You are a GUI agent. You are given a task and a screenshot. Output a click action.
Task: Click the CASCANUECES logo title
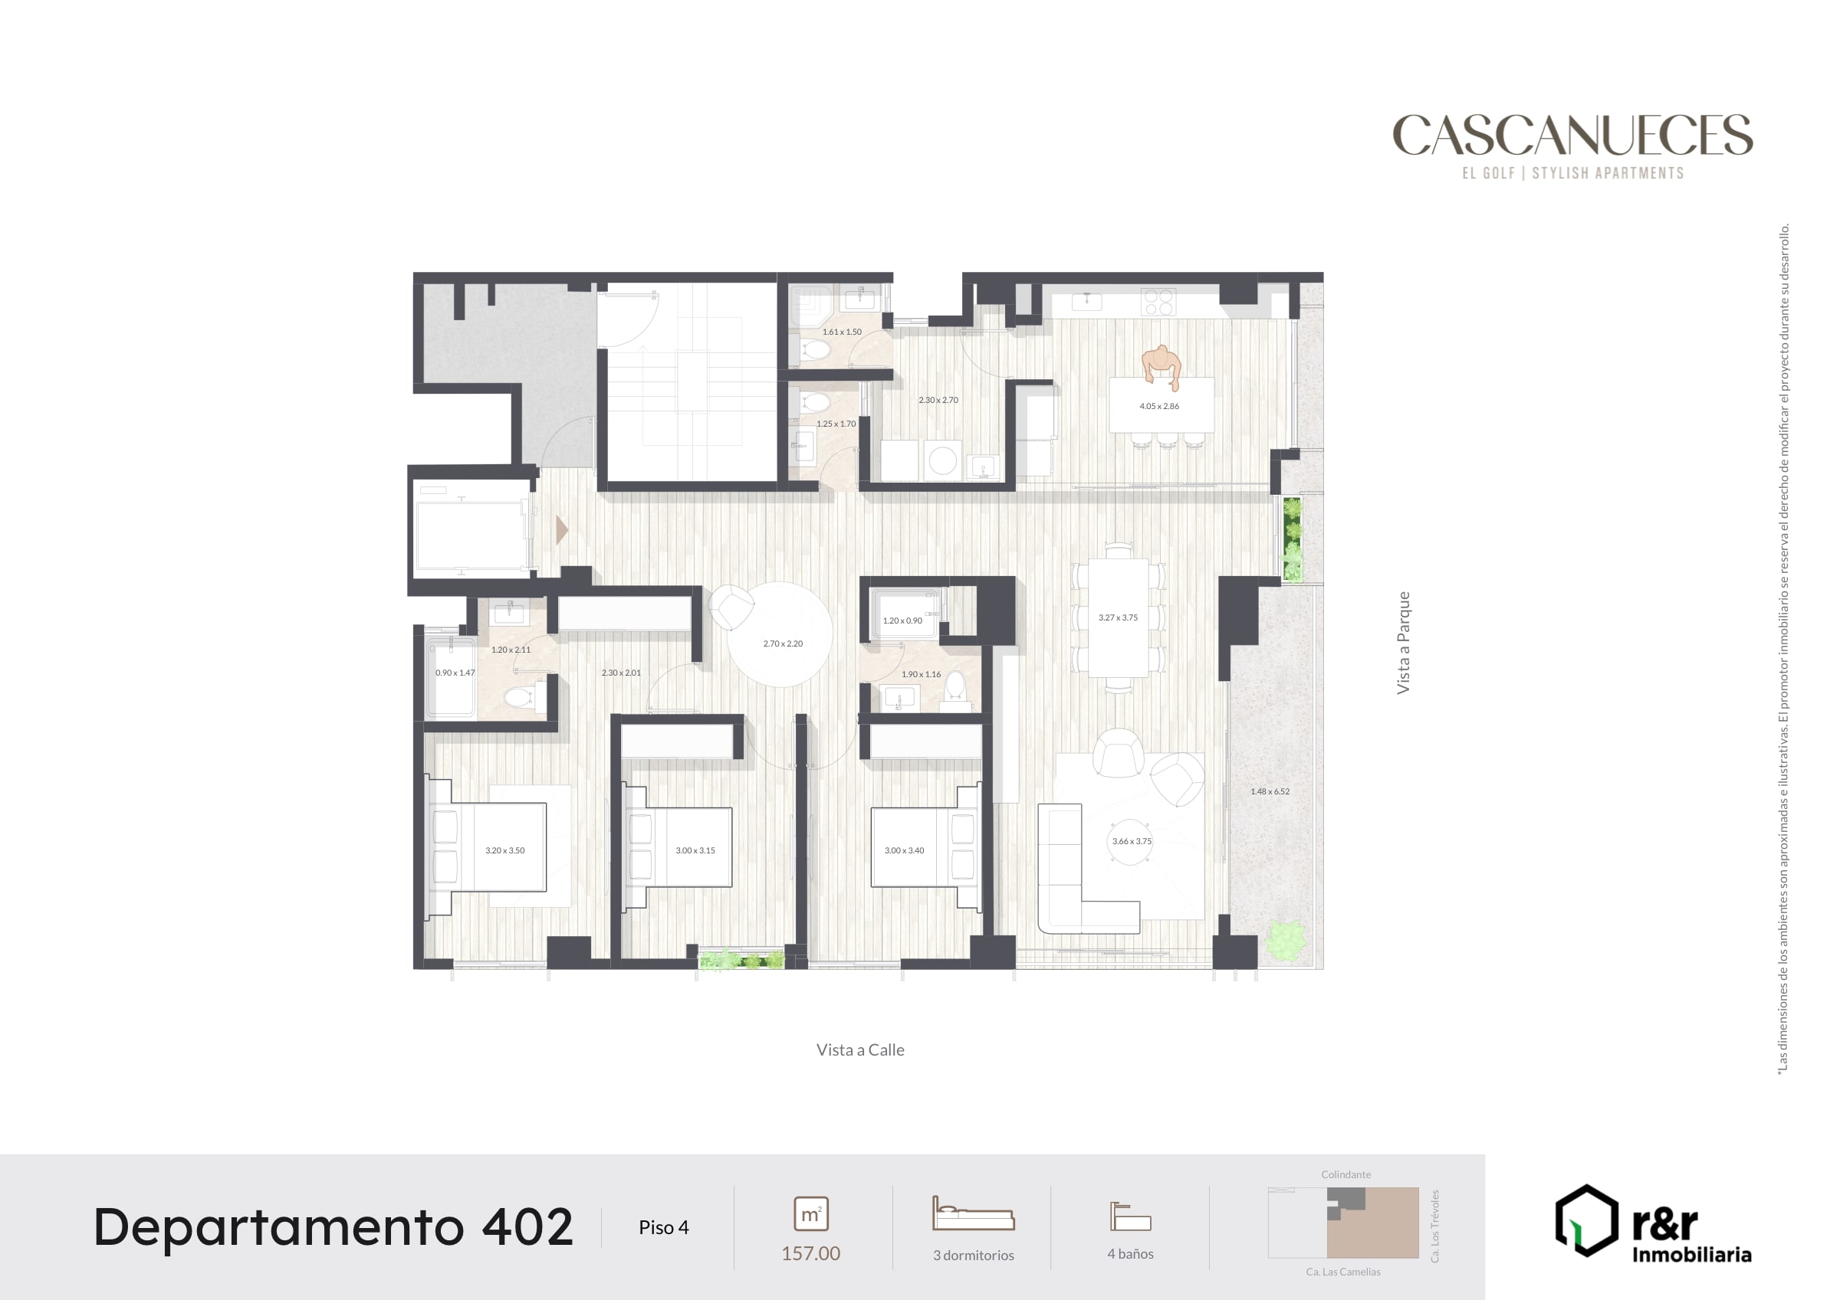tap(1572, 135)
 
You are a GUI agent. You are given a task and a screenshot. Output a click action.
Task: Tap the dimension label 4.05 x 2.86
tap(1158, 406)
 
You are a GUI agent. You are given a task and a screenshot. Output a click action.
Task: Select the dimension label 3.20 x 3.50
tap(505, 850)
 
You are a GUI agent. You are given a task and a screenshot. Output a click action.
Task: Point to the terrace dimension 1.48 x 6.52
tap(1270, 791)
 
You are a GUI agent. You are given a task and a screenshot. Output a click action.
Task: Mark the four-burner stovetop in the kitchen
tap(1158, 302)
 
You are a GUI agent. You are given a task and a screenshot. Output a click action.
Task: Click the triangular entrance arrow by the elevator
tap(562, 529)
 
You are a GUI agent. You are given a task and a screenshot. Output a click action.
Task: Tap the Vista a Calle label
tap(860, 1050)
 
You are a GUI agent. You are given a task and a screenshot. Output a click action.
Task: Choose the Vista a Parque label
tap(1403, 643)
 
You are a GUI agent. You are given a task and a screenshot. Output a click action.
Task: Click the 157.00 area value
tap(811, 1253)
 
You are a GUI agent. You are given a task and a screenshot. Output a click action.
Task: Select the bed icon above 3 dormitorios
tap(974, 1213)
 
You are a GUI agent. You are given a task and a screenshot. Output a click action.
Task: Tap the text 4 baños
tap(1130, 1253)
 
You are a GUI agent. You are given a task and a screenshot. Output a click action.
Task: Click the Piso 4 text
tap(664, 1227)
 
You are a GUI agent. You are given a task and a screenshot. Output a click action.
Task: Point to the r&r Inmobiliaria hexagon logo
tap(1587, 1220)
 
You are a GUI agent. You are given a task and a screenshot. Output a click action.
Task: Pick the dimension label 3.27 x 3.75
tap(1118, 617)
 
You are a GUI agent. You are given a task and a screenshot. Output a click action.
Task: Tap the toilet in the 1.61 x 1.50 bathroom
tap(815, 351)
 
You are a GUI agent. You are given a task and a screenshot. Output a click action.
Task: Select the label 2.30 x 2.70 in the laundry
tap(938, 400)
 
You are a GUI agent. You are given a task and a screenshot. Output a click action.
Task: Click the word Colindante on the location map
tap(1345, 1174)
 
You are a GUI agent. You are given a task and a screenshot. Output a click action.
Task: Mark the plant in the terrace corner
tap(1286, 942)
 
